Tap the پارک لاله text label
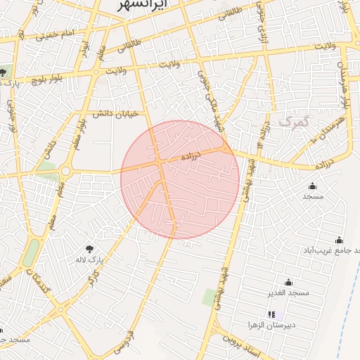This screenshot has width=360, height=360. pos(90,259)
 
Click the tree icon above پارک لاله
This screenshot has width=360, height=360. pos(90,248)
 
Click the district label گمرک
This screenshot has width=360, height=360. pos(293,121)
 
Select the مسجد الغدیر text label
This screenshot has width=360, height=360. pos(288,292)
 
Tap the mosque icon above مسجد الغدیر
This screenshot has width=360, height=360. pos(288,282)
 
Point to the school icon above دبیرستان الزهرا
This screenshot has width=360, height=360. pos(271,314)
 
